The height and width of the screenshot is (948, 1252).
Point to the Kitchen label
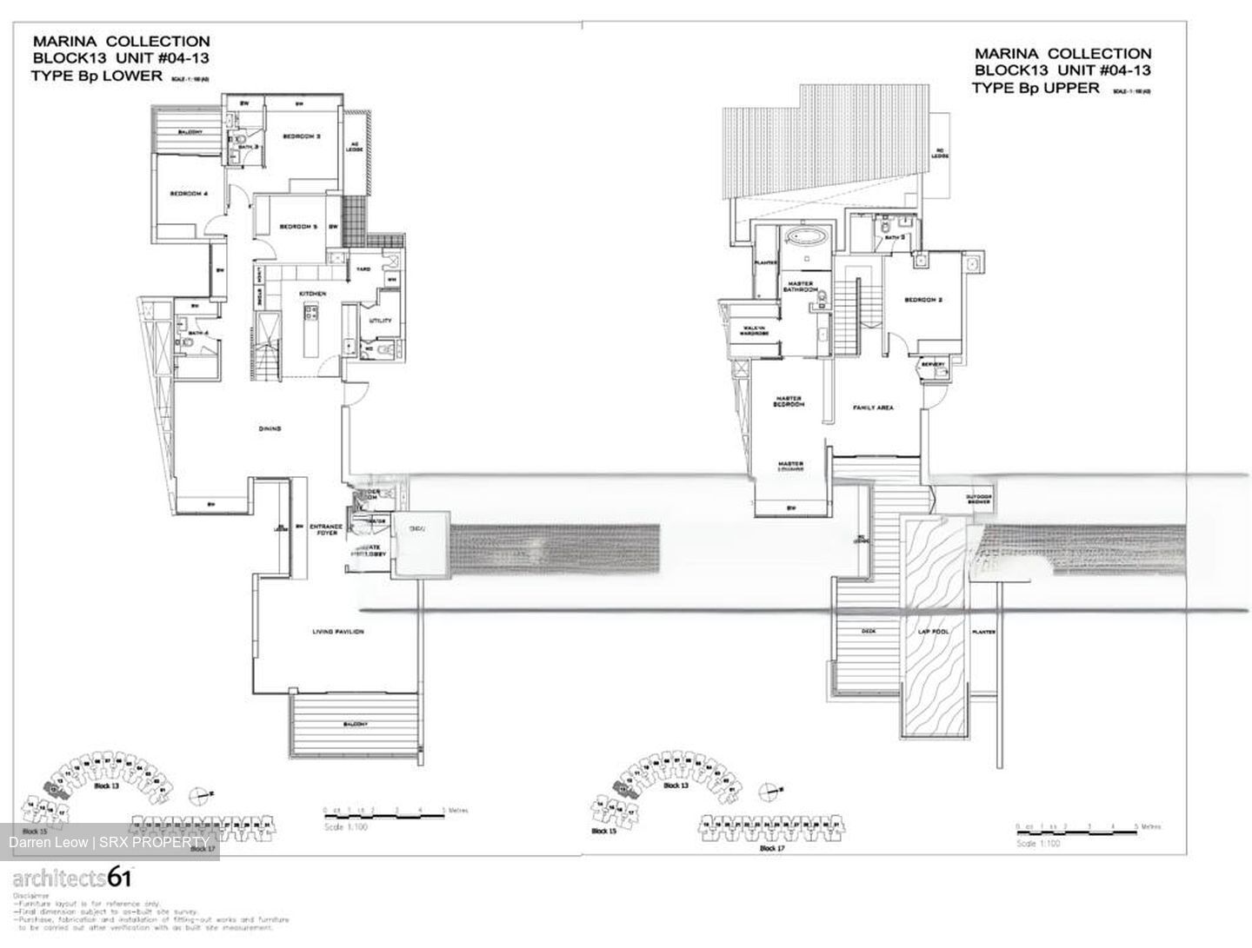[x=313, y=295]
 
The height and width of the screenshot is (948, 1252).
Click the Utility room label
[x=380, y=321]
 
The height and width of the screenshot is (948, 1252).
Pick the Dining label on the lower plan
[x=270, y=428]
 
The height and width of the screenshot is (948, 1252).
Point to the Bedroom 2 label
[x=923, y=300]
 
